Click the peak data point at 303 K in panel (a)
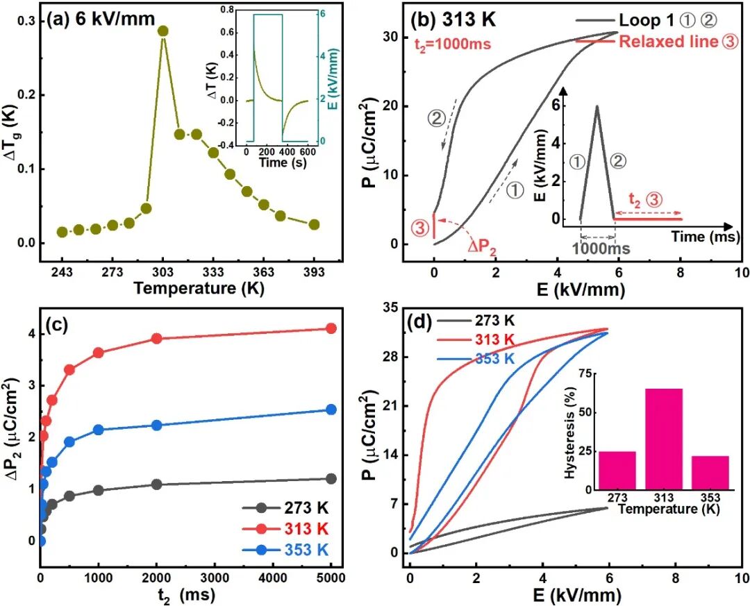point(163,31)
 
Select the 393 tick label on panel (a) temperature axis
point(314,271)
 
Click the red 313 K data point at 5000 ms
point(331,328)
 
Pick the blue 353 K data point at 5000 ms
point(331,410)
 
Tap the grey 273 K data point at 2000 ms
point(156,484)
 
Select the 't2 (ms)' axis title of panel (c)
point(185,595)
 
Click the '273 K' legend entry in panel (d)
point(494,321)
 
